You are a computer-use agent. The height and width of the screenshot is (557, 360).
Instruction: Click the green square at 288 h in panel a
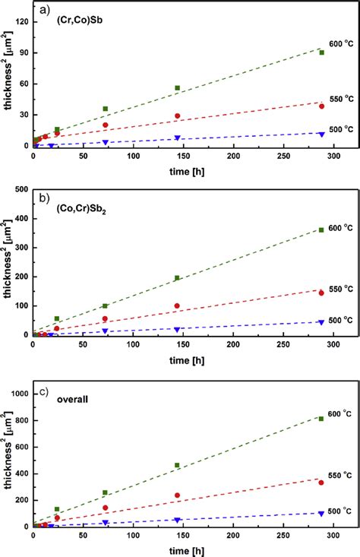(x=321, y=52)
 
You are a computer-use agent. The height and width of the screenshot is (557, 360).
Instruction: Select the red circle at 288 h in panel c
(x=321, y=483)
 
